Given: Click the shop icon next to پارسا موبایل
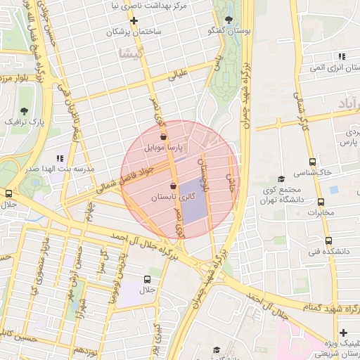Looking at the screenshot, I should (164, 137).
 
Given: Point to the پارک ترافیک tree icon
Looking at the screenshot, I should (25, 110).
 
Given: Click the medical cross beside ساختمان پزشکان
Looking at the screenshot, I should (134, 20).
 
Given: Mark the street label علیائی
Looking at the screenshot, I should (176, 75).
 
